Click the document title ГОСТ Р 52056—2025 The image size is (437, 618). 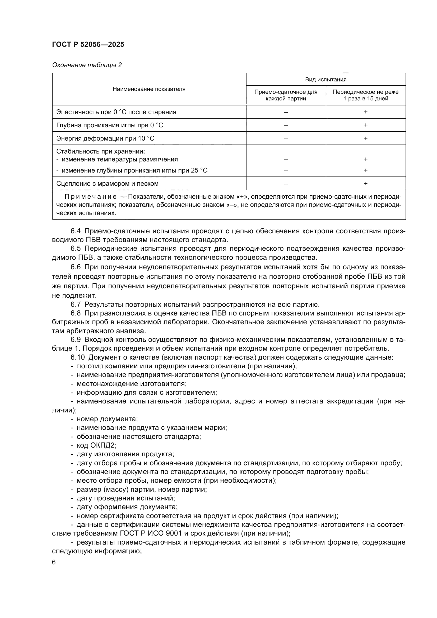coord(88,45)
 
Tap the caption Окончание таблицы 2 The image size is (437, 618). coord(87,65)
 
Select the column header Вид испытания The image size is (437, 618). coord(326,80)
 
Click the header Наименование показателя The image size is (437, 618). coord(149,89)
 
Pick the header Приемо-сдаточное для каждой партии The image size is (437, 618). coord(286,95)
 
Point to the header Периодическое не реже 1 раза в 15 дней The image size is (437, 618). coord(366,95)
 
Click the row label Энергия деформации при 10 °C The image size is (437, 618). coord(105,138)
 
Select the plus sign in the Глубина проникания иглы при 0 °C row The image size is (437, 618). coord(366,125)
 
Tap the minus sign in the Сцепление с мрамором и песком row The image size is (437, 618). coord(286,184)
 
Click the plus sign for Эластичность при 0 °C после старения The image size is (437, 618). coord(366,112)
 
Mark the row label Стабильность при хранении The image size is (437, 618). coord(100,152)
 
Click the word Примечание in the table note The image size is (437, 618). coord(90,197)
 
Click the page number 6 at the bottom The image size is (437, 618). coord(54,562)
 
